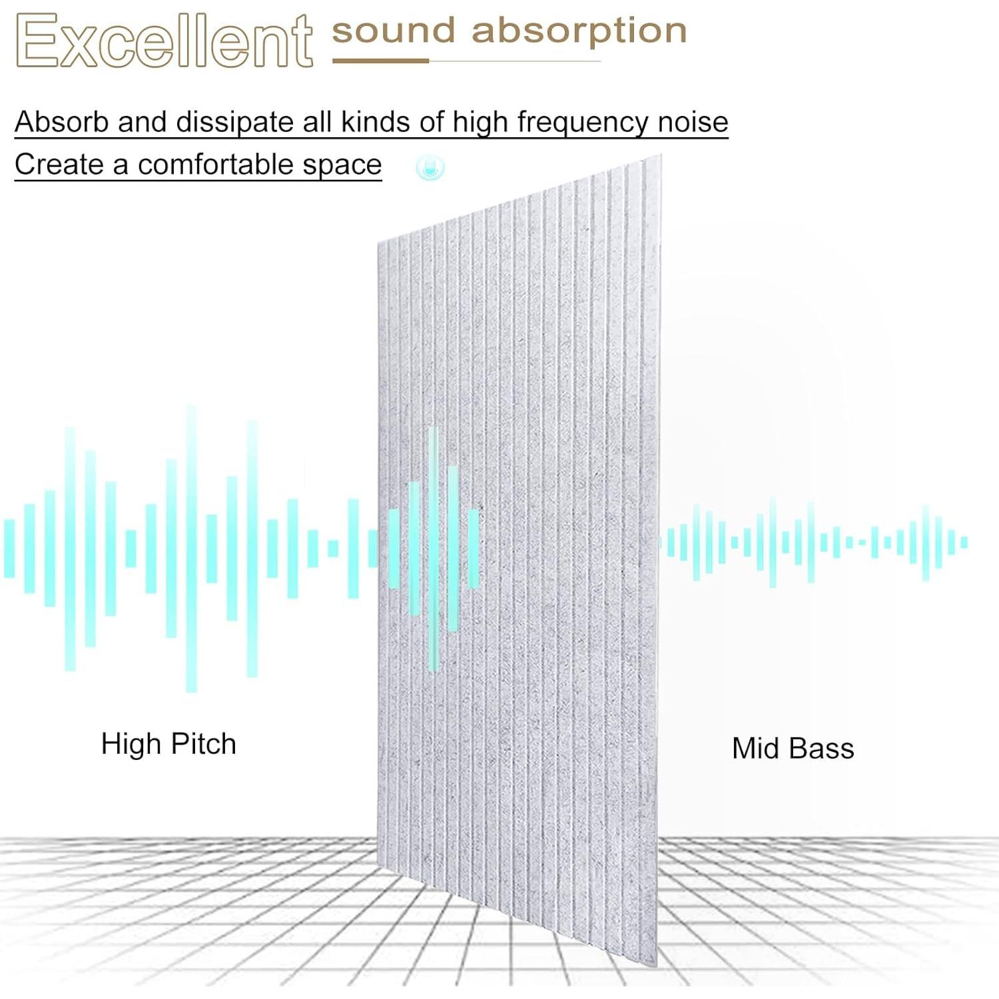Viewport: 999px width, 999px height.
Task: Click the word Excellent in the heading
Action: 164,41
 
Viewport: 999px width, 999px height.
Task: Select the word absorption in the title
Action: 579,33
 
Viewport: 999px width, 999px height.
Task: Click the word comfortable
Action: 216,165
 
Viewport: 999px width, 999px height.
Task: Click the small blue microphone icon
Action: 430,167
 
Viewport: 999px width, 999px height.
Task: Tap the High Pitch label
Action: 168,744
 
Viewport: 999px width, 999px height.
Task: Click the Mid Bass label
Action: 793,749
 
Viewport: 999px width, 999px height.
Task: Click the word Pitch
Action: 202,744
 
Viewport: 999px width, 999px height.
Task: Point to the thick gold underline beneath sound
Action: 380,61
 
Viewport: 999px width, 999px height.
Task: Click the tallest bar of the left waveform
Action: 191,548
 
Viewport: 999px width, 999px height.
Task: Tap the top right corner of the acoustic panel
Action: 661,155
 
